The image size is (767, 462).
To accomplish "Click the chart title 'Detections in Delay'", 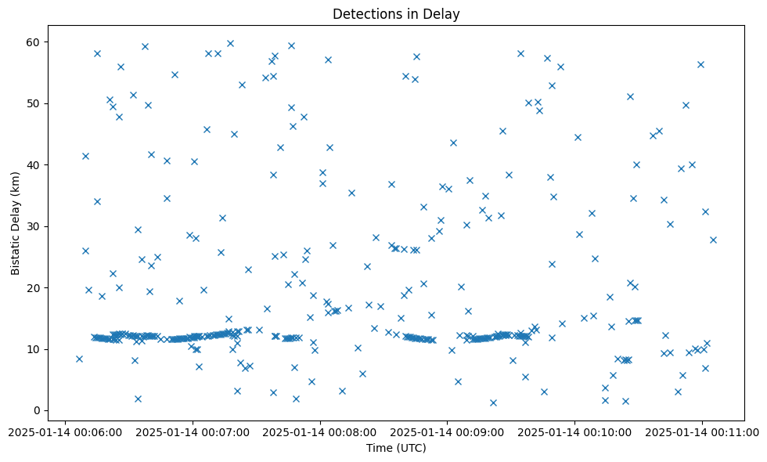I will point(396,14).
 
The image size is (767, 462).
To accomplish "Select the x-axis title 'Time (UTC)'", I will point(396,448).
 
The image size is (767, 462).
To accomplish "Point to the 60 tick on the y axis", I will point(36,42).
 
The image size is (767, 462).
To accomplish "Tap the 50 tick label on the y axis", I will point(36,103).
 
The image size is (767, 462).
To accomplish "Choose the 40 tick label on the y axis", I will point(36,164).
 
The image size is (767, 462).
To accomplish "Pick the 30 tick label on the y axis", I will point(36,226).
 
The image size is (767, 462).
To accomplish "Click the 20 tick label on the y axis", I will point(36,287).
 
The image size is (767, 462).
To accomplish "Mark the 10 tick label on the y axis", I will point(36,349).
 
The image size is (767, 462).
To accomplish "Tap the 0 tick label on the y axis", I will point(39,410).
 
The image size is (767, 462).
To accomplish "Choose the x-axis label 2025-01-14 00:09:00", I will point(447,431).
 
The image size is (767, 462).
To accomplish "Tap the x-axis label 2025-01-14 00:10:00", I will point(574,431).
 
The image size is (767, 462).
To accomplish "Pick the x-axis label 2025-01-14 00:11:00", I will point(702,431).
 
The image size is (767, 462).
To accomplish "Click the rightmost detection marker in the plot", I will point(713,240).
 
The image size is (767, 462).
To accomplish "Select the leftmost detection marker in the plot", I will point(79,359).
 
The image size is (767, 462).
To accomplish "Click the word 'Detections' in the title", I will point(365,14).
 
